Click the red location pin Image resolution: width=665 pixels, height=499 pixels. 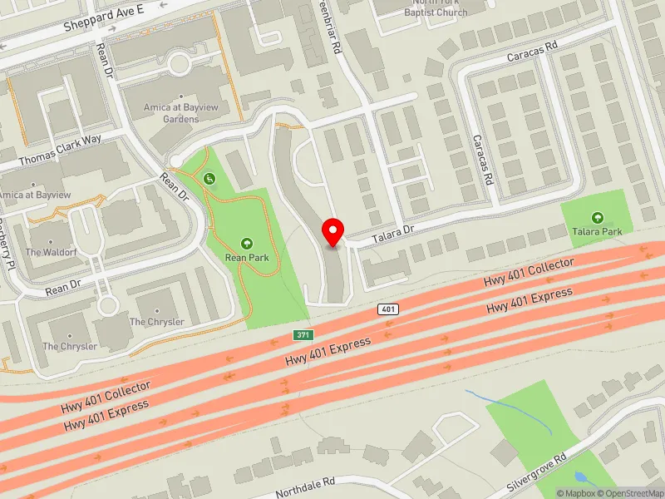[333, 232]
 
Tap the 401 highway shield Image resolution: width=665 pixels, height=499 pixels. [388, 309]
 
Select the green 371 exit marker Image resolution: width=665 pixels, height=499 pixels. [303, 334]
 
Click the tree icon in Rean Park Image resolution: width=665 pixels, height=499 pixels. [247, 243]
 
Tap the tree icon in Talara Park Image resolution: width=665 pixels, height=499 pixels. [597, 217]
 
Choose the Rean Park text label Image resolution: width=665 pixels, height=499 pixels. [247, 258]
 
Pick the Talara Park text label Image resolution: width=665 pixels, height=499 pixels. [597, 231]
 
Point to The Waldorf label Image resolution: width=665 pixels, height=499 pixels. [46, 252]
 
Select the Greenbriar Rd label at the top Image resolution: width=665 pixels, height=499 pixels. [328, 33]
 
